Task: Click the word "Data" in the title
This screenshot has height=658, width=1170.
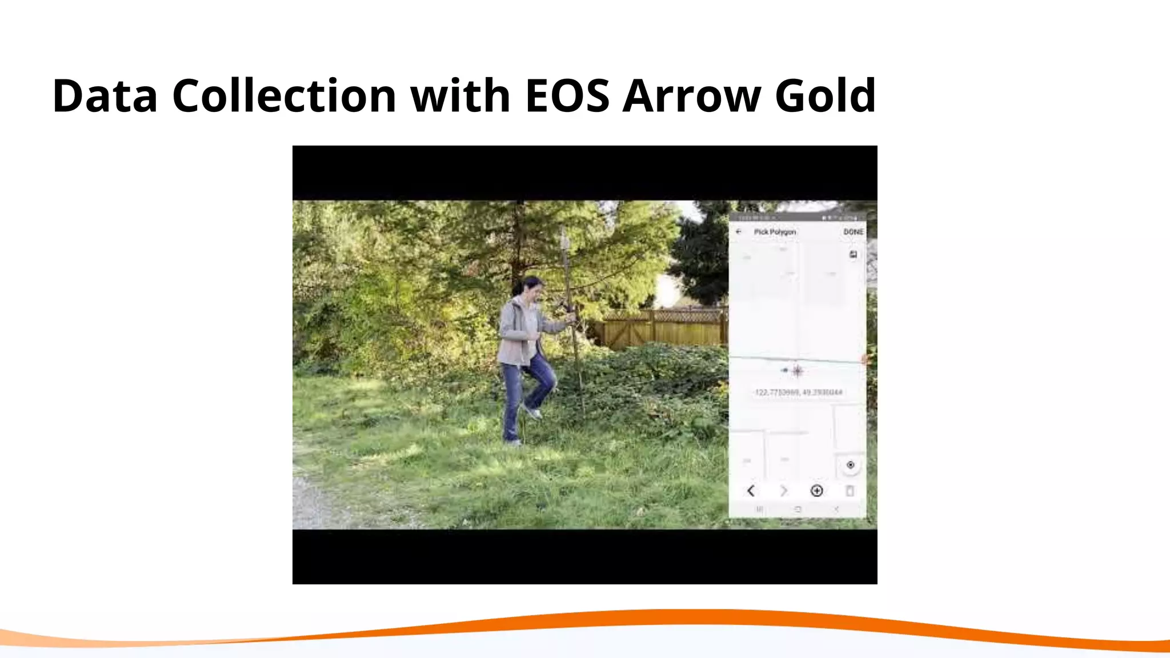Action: (105, 95)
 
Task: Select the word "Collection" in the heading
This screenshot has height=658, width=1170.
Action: (284, 95)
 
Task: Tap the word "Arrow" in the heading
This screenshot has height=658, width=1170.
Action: (691, 95)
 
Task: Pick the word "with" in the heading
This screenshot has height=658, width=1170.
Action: (460, 95)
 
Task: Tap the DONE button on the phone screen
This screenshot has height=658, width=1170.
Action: (853, 232)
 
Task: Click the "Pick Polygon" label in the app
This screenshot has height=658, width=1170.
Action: (775, 232)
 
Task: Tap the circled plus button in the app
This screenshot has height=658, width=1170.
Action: (817, 491)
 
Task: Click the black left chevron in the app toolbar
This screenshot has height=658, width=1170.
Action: (751, 491)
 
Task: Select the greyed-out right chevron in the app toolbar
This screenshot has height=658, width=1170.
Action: (784, 491)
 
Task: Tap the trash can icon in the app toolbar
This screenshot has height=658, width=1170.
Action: (850, 491)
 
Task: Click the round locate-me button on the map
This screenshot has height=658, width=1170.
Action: (850, 465)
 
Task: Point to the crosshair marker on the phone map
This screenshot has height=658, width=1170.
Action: (798, 371)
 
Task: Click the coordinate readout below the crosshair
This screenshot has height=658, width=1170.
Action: (798, 392)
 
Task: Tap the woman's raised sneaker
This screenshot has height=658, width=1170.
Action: (532, 412)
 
